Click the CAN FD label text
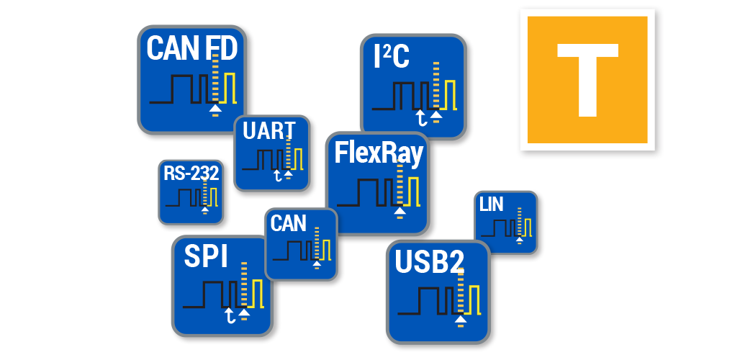pos(191,48)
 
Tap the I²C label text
pos(392,57)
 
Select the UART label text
pos(269,131)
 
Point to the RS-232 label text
pos(191,173)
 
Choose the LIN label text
pos(491,204)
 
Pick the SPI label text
pos(206,257)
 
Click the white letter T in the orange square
pos(587,78)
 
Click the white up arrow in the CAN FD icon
pos(215,109)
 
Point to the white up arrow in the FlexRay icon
pos(400,212)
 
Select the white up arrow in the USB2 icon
pos(461,319)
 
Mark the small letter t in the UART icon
pos(276,175)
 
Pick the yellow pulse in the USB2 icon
pos(474,300)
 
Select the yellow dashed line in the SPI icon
pos(244,288)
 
